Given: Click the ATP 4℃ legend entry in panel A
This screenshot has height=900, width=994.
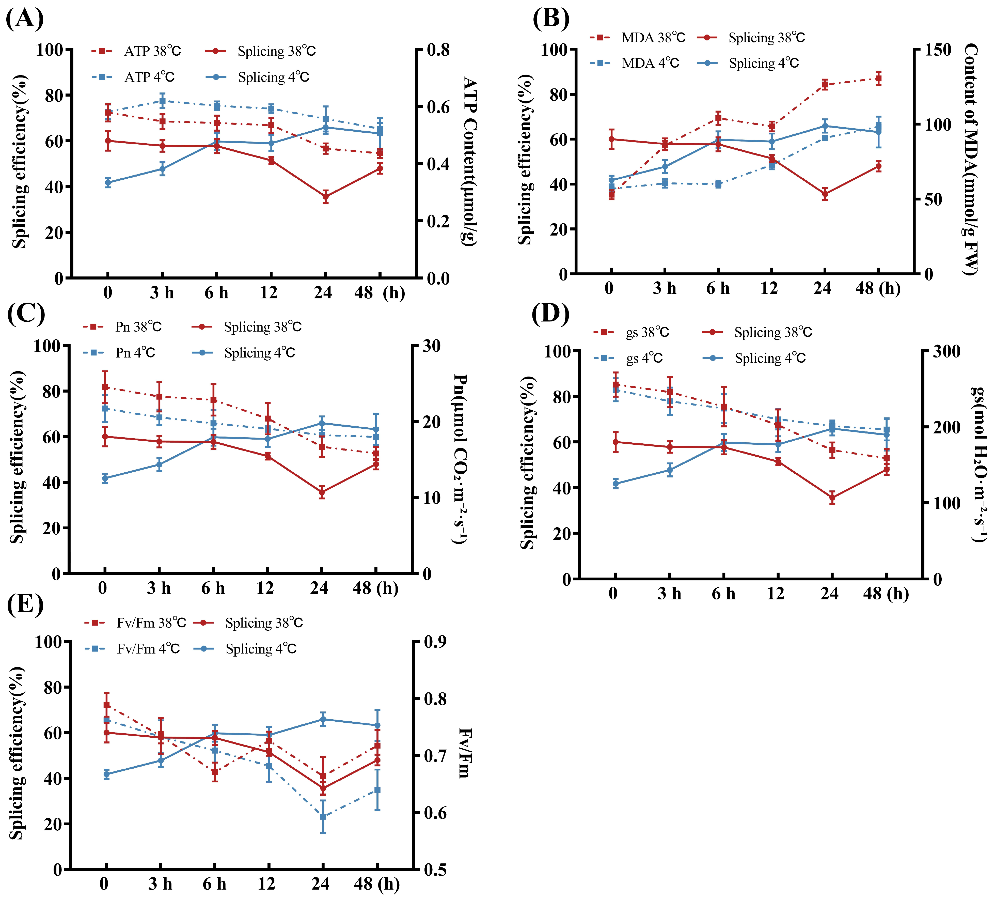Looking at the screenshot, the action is pyautogui.click(x=133, y=77).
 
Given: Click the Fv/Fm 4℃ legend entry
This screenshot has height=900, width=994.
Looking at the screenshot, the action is pyautogui.click(x=132, y=648).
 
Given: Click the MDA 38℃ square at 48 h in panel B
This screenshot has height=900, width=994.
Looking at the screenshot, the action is pyautogui.click(x=878, y=79).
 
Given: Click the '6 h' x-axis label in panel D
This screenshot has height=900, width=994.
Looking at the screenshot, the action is pyautogui.click(x=723, y=593).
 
